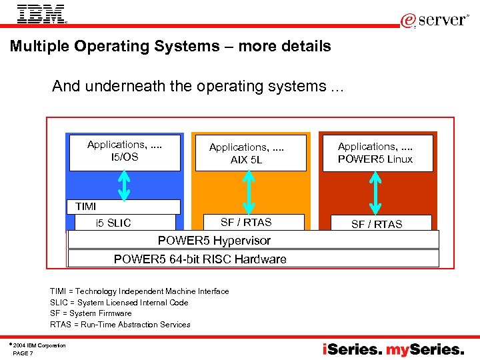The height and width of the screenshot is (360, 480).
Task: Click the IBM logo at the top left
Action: coord(41,14)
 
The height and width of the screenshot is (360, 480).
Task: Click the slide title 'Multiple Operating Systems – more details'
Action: coord(170,47)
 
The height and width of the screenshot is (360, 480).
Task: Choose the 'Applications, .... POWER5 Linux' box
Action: coord(375,153)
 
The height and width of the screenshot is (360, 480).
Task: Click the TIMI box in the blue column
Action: coord(124,207)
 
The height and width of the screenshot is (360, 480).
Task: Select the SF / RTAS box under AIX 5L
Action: coord(246,222)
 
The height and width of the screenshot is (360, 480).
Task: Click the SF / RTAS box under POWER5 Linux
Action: coord(377,224)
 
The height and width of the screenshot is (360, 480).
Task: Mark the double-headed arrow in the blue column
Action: coord(125,185)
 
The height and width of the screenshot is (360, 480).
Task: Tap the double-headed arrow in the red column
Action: coord(375,193)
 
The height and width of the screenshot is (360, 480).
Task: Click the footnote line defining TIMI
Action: coord(139,291)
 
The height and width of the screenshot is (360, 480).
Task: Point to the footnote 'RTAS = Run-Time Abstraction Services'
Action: coord(120,325)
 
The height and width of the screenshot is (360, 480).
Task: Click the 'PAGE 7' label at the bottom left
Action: coord(23,353)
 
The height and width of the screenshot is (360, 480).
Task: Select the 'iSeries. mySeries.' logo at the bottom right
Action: coord(393,349)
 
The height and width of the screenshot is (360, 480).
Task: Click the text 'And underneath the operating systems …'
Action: coord(197,87)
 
